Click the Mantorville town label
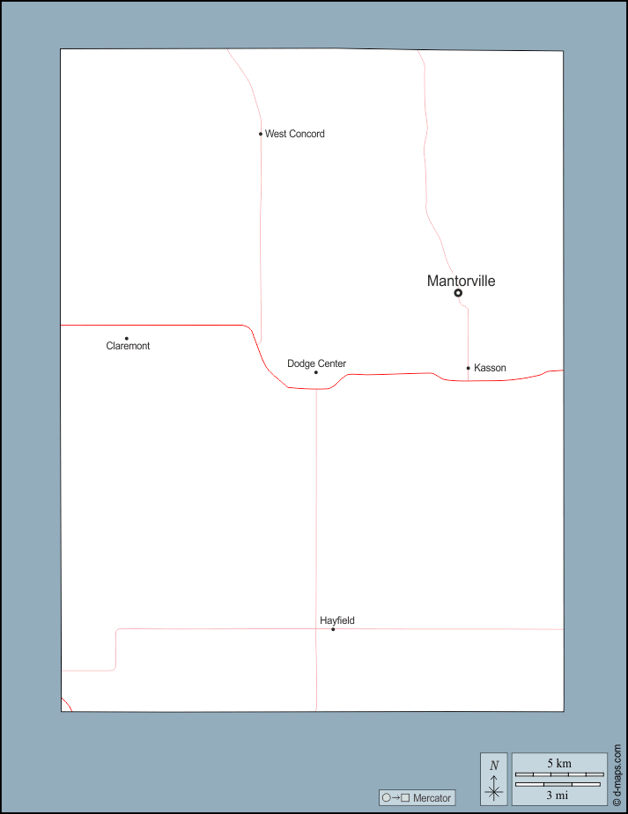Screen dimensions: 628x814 pos(461,281)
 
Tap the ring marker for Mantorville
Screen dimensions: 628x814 pos(458,293)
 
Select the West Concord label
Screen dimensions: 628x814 pos(294,134)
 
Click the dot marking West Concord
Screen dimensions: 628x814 pos(261,134)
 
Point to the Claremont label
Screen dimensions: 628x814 pos(128,346)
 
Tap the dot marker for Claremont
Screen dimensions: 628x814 pos(126,339)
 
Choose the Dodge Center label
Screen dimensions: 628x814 pos(316,363)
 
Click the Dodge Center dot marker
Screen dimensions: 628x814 pos(316,372)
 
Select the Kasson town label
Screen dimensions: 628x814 pos(490,368)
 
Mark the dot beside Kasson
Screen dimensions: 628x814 pos(468,368)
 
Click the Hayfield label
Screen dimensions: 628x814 pos(337,620)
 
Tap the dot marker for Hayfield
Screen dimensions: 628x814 pos(333,629)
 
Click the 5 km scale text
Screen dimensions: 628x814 pos(559,763)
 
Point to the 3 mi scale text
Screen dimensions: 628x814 pos(558,795)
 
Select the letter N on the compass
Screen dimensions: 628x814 pos(494,766)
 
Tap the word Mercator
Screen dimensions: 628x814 pos(432,798)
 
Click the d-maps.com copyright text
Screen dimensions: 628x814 pos(617,775)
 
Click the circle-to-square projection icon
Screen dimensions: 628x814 pos(395,797)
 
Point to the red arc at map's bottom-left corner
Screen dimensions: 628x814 pos(67,704)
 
